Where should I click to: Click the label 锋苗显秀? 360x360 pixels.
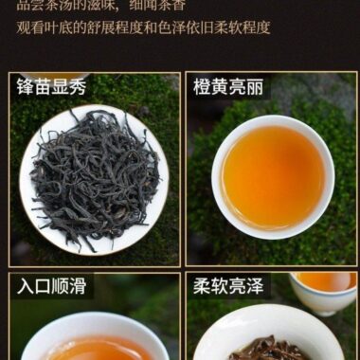coord(52,87)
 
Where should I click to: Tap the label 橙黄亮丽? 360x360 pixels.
coord(228,87)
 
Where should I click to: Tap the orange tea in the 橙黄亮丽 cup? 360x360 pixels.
coord(273,175)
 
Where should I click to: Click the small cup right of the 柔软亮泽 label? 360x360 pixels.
coord(327,289)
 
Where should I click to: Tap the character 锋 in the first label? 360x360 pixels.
coord(27,87)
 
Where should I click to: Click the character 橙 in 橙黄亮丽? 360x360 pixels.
coord(203,87)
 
